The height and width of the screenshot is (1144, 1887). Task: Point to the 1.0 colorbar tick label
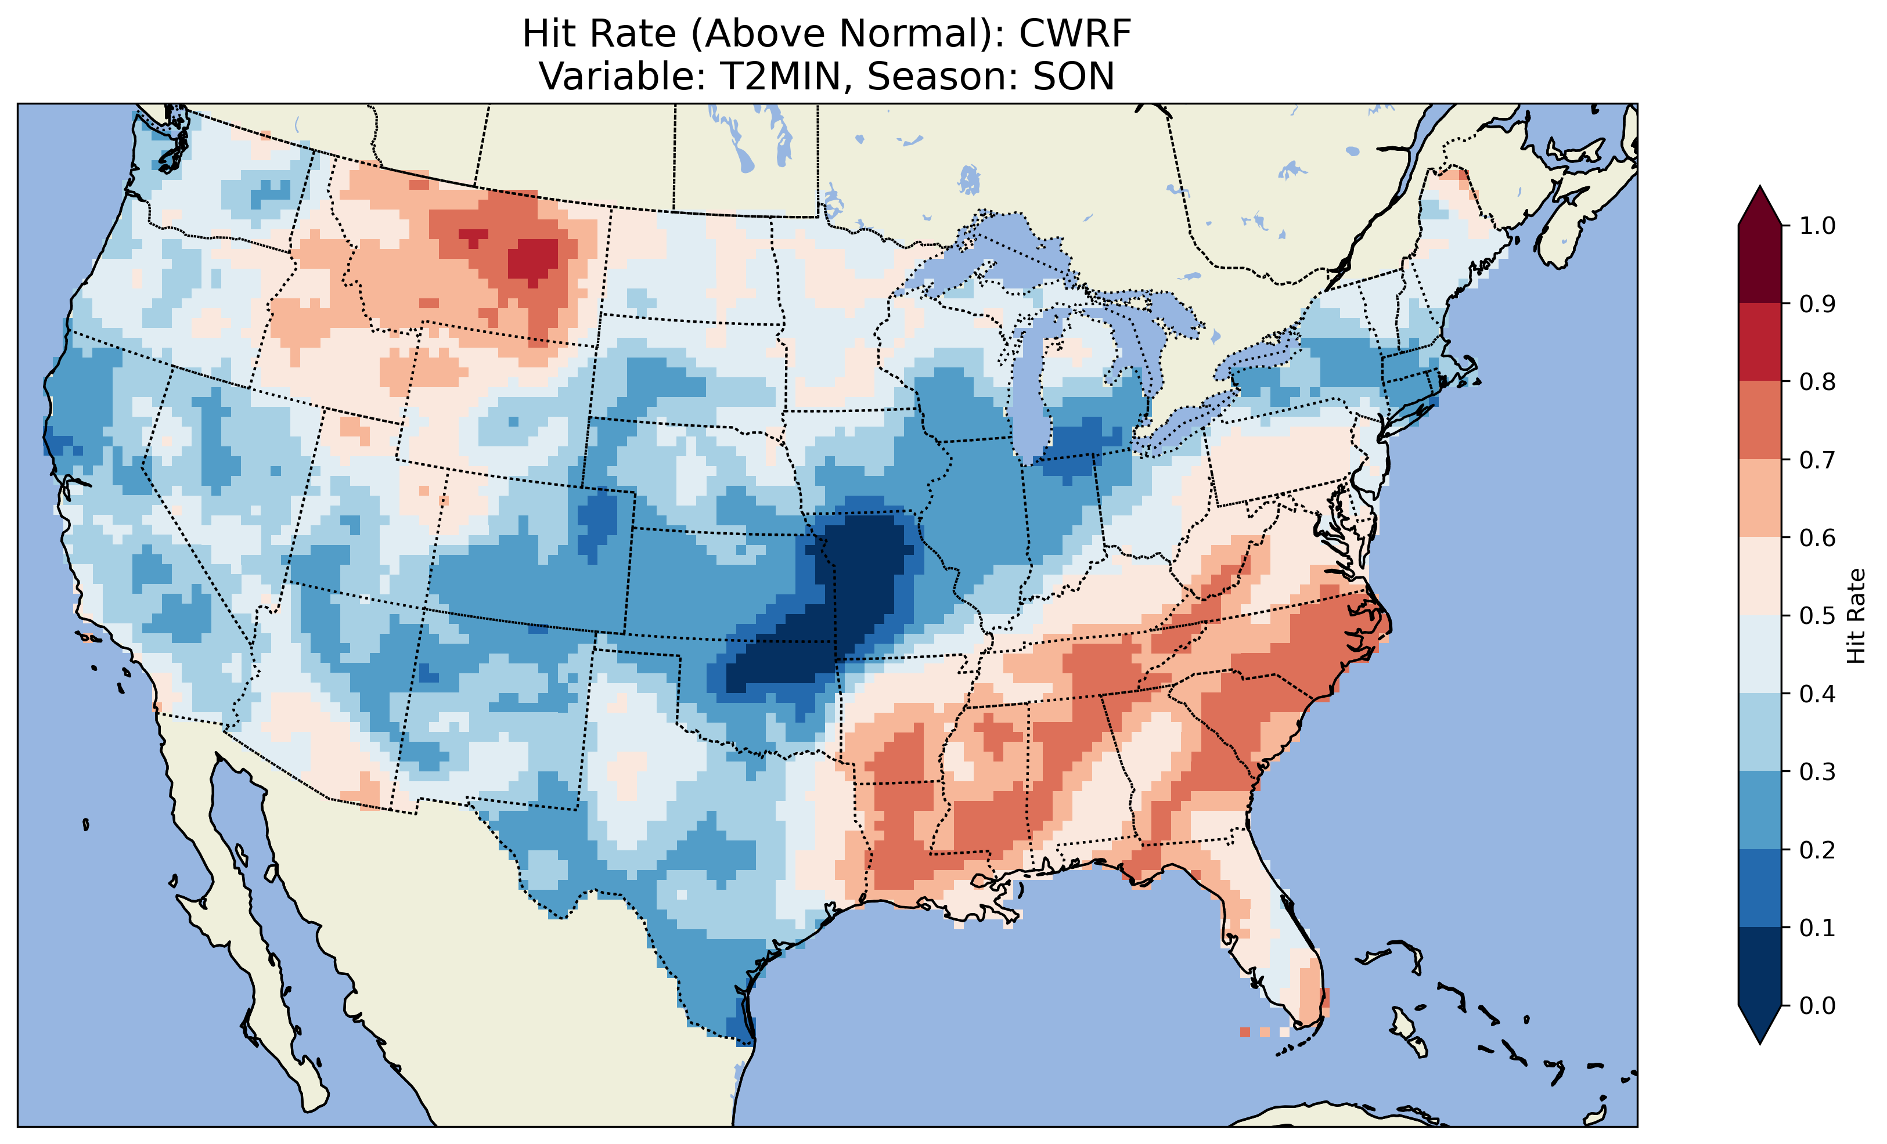1817,226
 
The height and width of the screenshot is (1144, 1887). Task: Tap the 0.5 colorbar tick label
1817,616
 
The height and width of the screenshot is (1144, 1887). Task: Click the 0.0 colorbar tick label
1817,1005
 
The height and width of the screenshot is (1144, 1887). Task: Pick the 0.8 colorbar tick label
1817,381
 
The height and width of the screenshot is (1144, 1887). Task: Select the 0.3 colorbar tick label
1817,772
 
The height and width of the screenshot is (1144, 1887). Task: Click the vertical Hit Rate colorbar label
1856,616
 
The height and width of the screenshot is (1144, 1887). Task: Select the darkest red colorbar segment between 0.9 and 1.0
1760,264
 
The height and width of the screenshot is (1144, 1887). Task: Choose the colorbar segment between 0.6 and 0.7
1760,498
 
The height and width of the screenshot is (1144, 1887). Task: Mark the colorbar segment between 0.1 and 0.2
1760,888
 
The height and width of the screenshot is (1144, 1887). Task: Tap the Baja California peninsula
253,957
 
